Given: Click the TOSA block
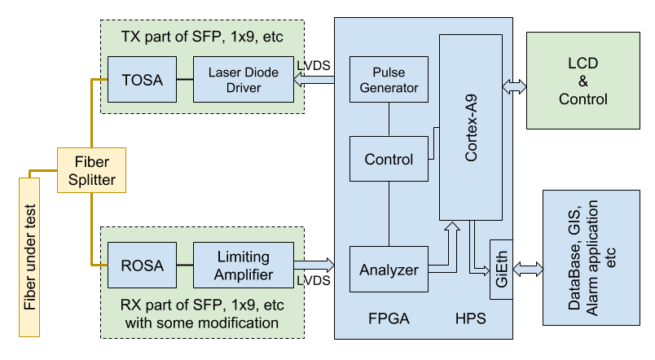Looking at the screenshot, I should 143,80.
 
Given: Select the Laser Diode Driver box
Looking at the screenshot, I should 243,80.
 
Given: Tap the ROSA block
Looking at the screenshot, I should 143,265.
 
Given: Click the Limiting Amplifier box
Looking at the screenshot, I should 243,265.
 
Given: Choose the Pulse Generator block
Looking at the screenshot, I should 389,80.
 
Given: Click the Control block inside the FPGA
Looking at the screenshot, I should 389,160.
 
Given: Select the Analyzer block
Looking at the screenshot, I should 389,269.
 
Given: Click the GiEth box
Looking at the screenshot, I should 501,270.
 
